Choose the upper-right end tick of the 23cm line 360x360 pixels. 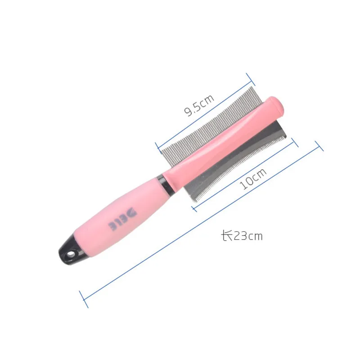coord(319,146)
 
